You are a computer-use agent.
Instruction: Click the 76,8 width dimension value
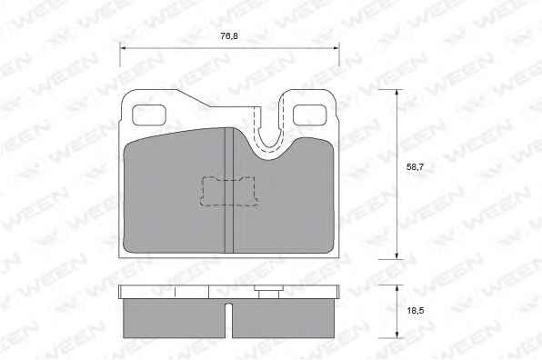(x=229, y=36)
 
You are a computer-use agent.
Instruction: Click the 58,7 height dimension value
(x=415, y=167)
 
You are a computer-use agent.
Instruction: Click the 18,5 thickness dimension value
(x=416, y=311)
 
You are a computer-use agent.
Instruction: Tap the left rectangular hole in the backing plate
(x=149, y=115)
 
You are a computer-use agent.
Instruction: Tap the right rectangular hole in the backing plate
(x=310, y=115)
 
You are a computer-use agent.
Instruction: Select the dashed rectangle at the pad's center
(x=230, y=192)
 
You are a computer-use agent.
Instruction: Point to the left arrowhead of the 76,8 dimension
(x=123, y=48)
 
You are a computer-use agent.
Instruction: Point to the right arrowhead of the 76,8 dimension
(x=336, y=48)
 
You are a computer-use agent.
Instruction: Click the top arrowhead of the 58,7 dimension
(x=396, y=94)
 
